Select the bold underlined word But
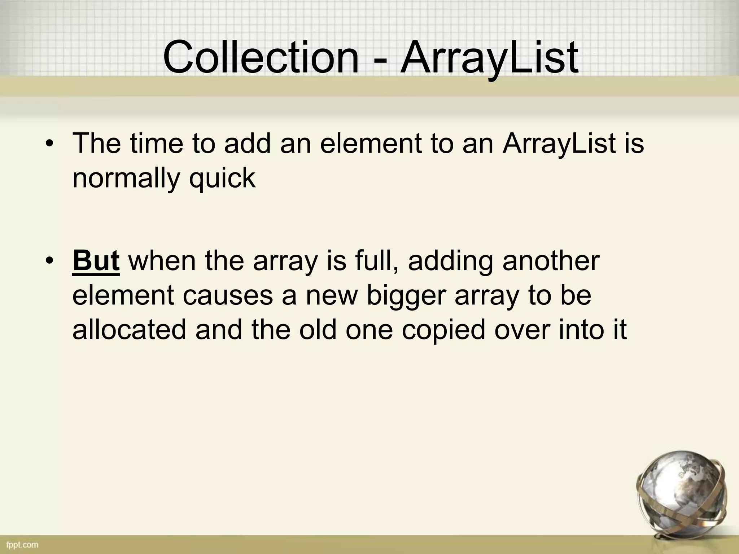96,260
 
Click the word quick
222,179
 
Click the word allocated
129,330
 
